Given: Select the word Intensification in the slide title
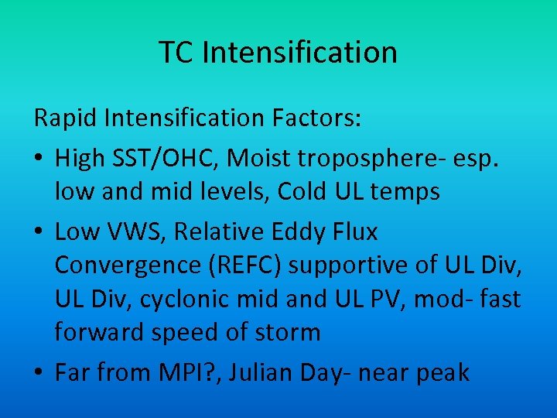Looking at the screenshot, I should [300, 53].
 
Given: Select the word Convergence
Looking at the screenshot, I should [128, 264].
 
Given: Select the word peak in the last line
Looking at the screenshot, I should [442, 373].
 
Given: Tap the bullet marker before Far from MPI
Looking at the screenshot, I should [39, 372].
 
